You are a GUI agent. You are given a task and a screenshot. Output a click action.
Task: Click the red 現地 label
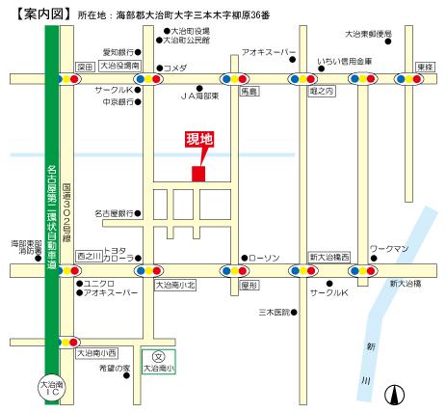199,140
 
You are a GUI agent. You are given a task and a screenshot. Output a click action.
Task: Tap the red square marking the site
198,174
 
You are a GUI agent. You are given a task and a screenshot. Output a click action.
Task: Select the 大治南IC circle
49,388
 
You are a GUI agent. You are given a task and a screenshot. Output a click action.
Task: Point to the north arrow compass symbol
393,392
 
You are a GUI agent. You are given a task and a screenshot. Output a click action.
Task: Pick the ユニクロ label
99,282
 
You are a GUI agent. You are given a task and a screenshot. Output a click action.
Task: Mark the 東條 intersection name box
425,67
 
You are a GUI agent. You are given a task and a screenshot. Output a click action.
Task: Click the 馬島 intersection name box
249,90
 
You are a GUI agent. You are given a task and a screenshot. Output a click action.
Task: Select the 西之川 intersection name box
89,256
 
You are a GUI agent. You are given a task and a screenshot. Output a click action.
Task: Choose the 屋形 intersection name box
249,286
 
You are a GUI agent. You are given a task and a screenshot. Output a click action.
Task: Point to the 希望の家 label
114,368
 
